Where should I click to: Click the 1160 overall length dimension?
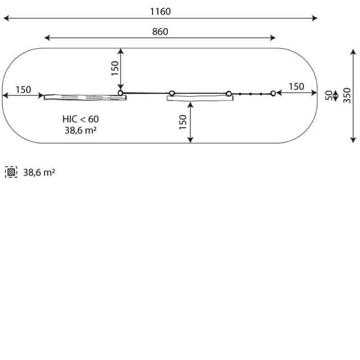point(160,12)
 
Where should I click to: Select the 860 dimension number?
point(160,32)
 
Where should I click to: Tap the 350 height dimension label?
point(347,95)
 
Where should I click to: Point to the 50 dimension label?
point(329,95)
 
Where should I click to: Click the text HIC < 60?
point(80,119)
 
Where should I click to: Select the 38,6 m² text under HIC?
point(80,130)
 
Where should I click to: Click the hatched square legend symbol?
point(11,172)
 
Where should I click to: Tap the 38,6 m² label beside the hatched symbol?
point(39,172)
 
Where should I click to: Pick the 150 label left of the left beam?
point(23,89)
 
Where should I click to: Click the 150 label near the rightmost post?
point(296,87)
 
